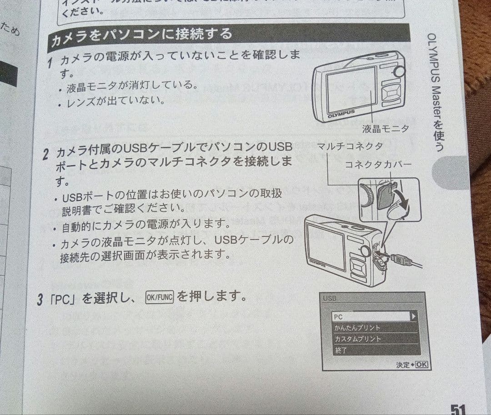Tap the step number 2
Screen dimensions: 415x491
tap(46, 154)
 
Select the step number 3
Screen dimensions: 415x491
tap(40, 300)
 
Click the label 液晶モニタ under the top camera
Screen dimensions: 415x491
tap(385, 129)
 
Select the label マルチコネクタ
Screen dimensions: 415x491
tap(349, 146)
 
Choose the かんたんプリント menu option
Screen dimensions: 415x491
tap(358, 328)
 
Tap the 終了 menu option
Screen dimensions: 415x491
tap(341, 350)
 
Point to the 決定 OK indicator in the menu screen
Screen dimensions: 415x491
tap(412, 365)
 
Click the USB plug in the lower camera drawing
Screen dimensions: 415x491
tap(400, 260)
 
